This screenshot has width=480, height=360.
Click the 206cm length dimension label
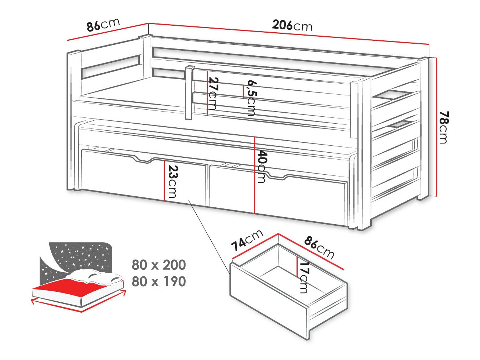[292, 25]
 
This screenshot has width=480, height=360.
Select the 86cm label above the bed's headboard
[103, 25]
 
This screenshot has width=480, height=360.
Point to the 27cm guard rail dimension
[213, 94]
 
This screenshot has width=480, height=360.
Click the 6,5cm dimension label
[251, 98]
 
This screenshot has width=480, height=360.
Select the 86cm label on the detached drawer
[319, 247]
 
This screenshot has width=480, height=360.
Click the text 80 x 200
[159, 265]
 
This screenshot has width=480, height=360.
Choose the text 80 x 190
[159, 281]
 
